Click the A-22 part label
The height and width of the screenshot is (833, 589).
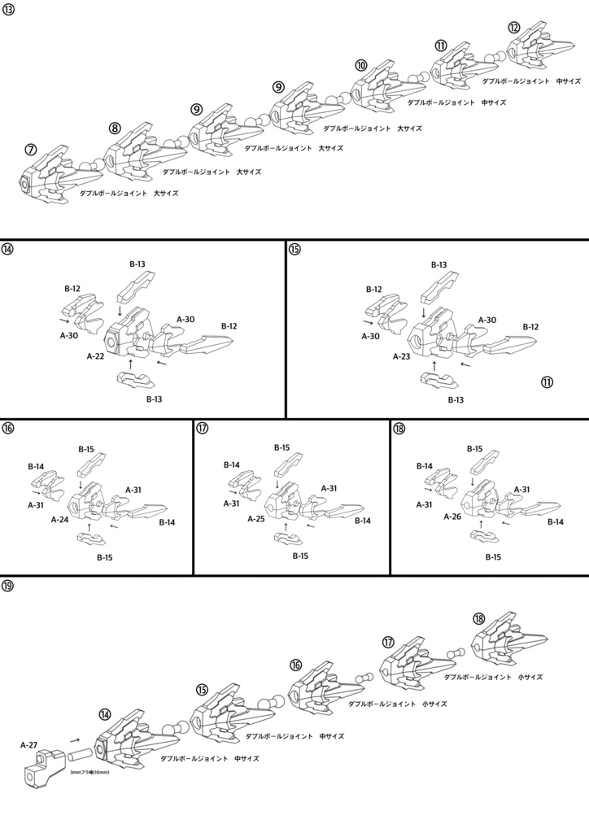click(x=95, y=356)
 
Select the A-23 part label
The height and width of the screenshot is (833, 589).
click(x=401, y=356)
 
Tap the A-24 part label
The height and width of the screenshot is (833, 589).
click(x=59, y=519)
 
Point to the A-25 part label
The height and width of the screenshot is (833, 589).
click(x=257, y=518)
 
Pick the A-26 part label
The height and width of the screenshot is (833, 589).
click(x=452, y=516)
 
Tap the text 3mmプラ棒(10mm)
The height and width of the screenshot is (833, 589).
click(x=89, y=773)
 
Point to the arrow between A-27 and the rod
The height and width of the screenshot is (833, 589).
click(x=75, y=740)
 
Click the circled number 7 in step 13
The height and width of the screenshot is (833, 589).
click(x=30, y=150)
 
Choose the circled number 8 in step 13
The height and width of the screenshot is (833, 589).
click(x=115, y=128)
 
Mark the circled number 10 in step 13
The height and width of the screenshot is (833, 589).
click(x=361, y=65)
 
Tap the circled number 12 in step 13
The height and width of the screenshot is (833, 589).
click(x=514, y=27)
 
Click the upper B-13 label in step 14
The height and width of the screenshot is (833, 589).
click(x=137, y=264)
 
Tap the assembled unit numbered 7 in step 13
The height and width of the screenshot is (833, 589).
click(x=49, y=176)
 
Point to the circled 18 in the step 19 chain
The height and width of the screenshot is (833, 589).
click(x=479, y=619)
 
